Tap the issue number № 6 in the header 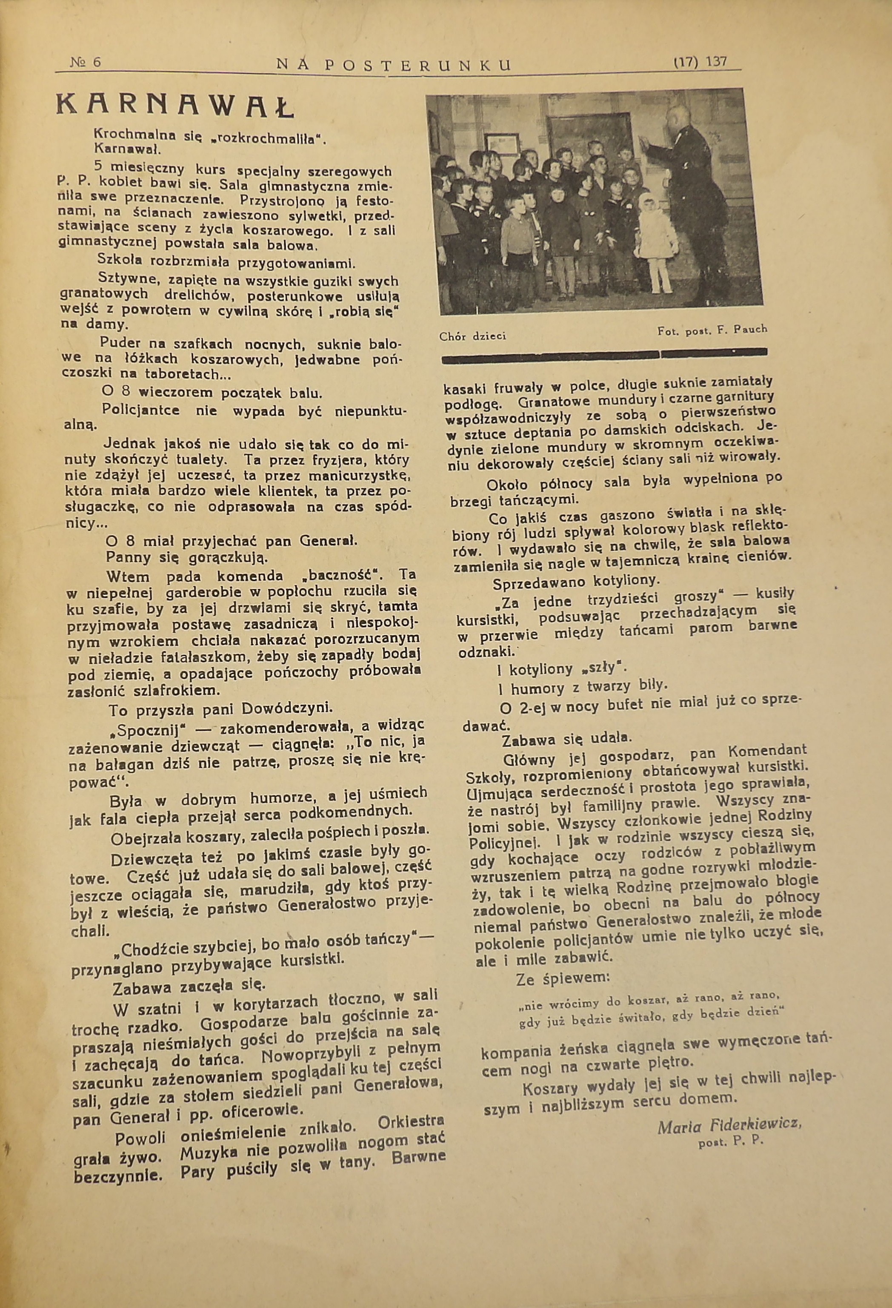[x=85, y=63]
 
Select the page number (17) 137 [x=700, y=62]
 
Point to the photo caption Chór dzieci [x=472, y=336]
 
